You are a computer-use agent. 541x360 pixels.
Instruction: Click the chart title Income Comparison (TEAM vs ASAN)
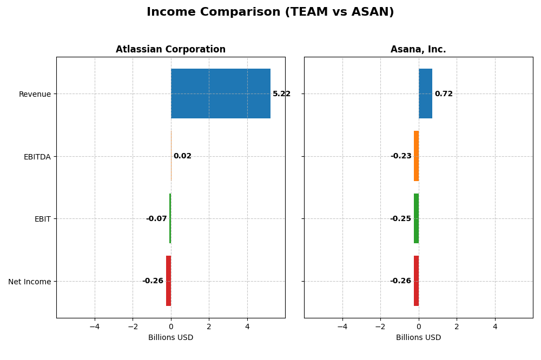[x=270, y=12]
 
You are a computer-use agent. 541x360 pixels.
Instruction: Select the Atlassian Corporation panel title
[x=170, y=50]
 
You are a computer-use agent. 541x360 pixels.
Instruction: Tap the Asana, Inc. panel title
[x=418, y=50]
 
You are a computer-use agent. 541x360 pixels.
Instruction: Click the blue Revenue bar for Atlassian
[x=221, y=94]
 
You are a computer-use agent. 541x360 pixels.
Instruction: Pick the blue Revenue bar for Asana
[x=425, y=94]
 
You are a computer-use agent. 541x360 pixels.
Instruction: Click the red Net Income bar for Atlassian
[x=168, y=281]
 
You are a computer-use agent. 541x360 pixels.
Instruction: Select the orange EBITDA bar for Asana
[x=416, y=156]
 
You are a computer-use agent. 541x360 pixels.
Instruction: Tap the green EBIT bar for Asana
[x=416, y=218]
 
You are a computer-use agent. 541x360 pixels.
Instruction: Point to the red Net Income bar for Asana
[x=416, y=281]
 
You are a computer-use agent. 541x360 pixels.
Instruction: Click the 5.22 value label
[x=281, y=94]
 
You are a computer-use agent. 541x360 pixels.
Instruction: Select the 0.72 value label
[x=444, y=94]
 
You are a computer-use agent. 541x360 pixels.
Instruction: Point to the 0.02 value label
[x=182, y=156]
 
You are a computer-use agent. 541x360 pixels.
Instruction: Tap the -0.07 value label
[x=156, y=219]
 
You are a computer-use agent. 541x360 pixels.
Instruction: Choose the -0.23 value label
[x=401, y=156]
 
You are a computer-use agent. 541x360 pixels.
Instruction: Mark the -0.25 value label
[x=400, y=219]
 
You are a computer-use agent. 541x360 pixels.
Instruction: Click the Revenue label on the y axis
[x=35, y=95]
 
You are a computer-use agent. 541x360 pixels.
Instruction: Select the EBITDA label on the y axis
[x=37, y=157]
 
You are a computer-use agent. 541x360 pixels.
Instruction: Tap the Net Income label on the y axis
[x=30, y=282]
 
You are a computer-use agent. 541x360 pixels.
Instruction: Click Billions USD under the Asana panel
[x=418, y=338]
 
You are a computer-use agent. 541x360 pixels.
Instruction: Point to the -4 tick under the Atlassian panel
[x=95, y=326]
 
